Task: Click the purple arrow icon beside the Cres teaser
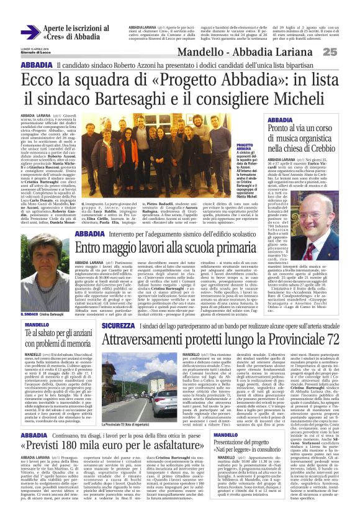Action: [30, 32]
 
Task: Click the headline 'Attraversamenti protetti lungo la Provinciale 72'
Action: [235, 340]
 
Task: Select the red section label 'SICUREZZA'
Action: [117, 325]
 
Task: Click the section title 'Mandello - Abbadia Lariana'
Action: [261, 52]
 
